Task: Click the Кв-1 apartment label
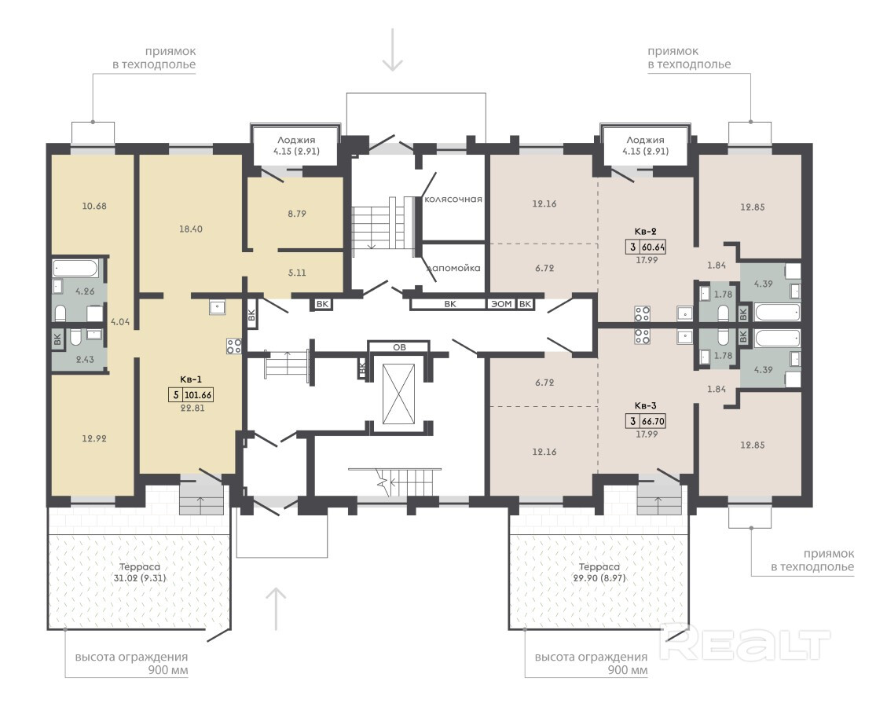coord(192,379)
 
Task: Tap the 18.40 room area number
coord(190,229)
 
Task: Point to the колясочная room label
coord(453,200)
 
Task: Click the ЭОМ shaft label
coord(501,304)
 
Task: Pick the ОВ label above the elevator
coord(399,347)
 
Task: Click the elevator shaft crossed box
coord(399,394)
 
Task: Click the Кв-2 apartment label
coord(645,231)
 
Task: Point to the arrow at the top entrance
coord(393,49)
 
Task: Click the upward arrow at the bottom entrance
coord(276,609)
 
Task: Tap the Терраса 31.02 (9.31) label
coord(140,573)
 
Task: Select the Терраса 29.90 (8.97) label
coord(599,573)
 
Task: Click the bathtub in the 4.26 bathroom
coord(75,269)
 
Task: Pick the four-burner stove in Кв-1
coord(234,346)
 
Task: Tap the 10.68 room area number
coord(93,206)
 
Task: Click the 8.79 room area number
coord(297,214)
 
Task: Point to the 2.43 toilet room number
coord(85,360)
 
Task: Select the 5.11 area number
coord(297,273)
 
